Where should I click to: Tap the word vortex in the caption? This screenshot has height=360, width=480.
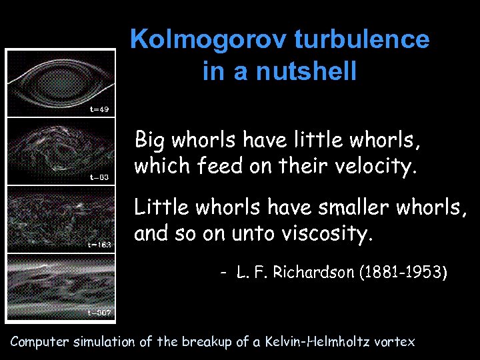click(397, 342)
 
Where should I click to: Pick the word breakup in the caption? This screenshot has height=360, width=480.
click(211, 342)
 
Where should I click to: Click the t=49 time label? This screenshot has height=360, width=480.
click(99, 109)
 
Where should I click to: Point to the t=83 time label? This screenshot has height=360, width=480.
click(99, 177)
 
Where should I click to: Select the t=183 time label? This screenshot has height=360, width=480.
click(99, 244)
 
